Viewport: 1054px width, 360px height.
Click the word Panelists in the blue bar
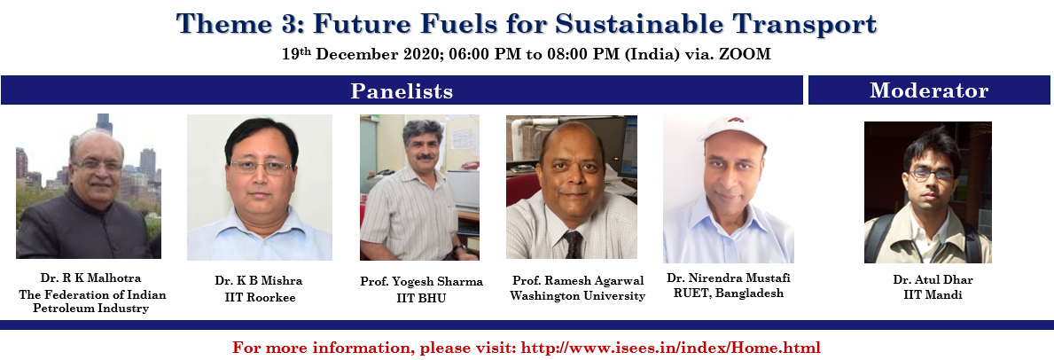402,90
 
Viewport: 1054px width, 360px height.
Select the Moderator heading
929,90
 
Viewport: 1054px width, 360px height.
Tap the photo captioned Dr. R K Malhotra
89,186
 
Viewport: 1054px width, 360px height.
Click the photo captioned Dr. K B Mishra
260,187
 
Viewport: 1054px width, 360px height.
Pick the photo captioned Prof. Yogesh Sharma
419,187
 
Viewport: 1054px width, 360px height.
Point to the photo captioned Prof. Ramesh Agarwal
572,187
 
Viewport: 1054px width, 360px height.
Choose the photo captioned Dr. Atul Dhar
927,192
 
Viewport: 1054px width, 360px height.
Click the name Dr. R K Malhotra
90,278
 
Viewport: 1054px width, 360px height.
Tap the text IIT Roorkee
260,297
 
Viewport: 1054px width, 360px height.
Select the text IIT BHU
421,298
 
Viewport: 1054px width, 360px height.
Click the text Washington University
577,296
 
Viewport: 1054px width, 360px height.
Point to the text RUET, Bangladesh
729,293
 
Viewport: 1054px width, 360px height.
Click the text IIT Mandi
927,294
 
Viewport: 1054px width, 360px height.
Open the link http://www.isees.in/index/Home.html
671,348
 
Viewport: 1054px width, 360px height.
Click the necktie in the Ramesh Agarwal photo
573,244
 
